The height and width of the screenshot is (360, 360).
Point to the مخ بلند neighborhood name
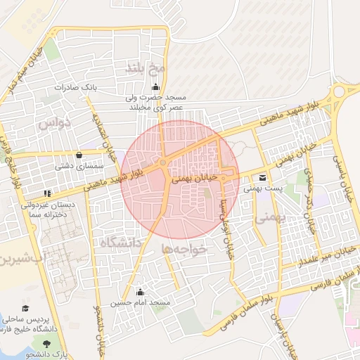[145, 68]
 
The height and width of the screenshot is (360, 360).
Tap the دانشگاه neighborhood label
[121, 243]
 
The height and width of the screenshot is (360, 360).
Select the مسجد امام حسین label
[141, 303]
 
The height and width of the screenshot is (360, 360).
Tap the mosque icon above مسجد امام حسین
[141, 292]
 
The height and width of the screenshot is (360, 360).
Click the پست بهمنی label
[262, 188]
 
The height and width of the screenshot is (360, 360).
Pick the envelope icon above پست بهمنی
[262, 177]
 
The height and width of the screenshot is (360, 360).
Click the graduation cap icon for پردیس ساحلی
[26, 309]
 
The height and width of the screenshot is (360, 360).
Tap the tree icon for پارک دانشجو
[47, 342]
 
